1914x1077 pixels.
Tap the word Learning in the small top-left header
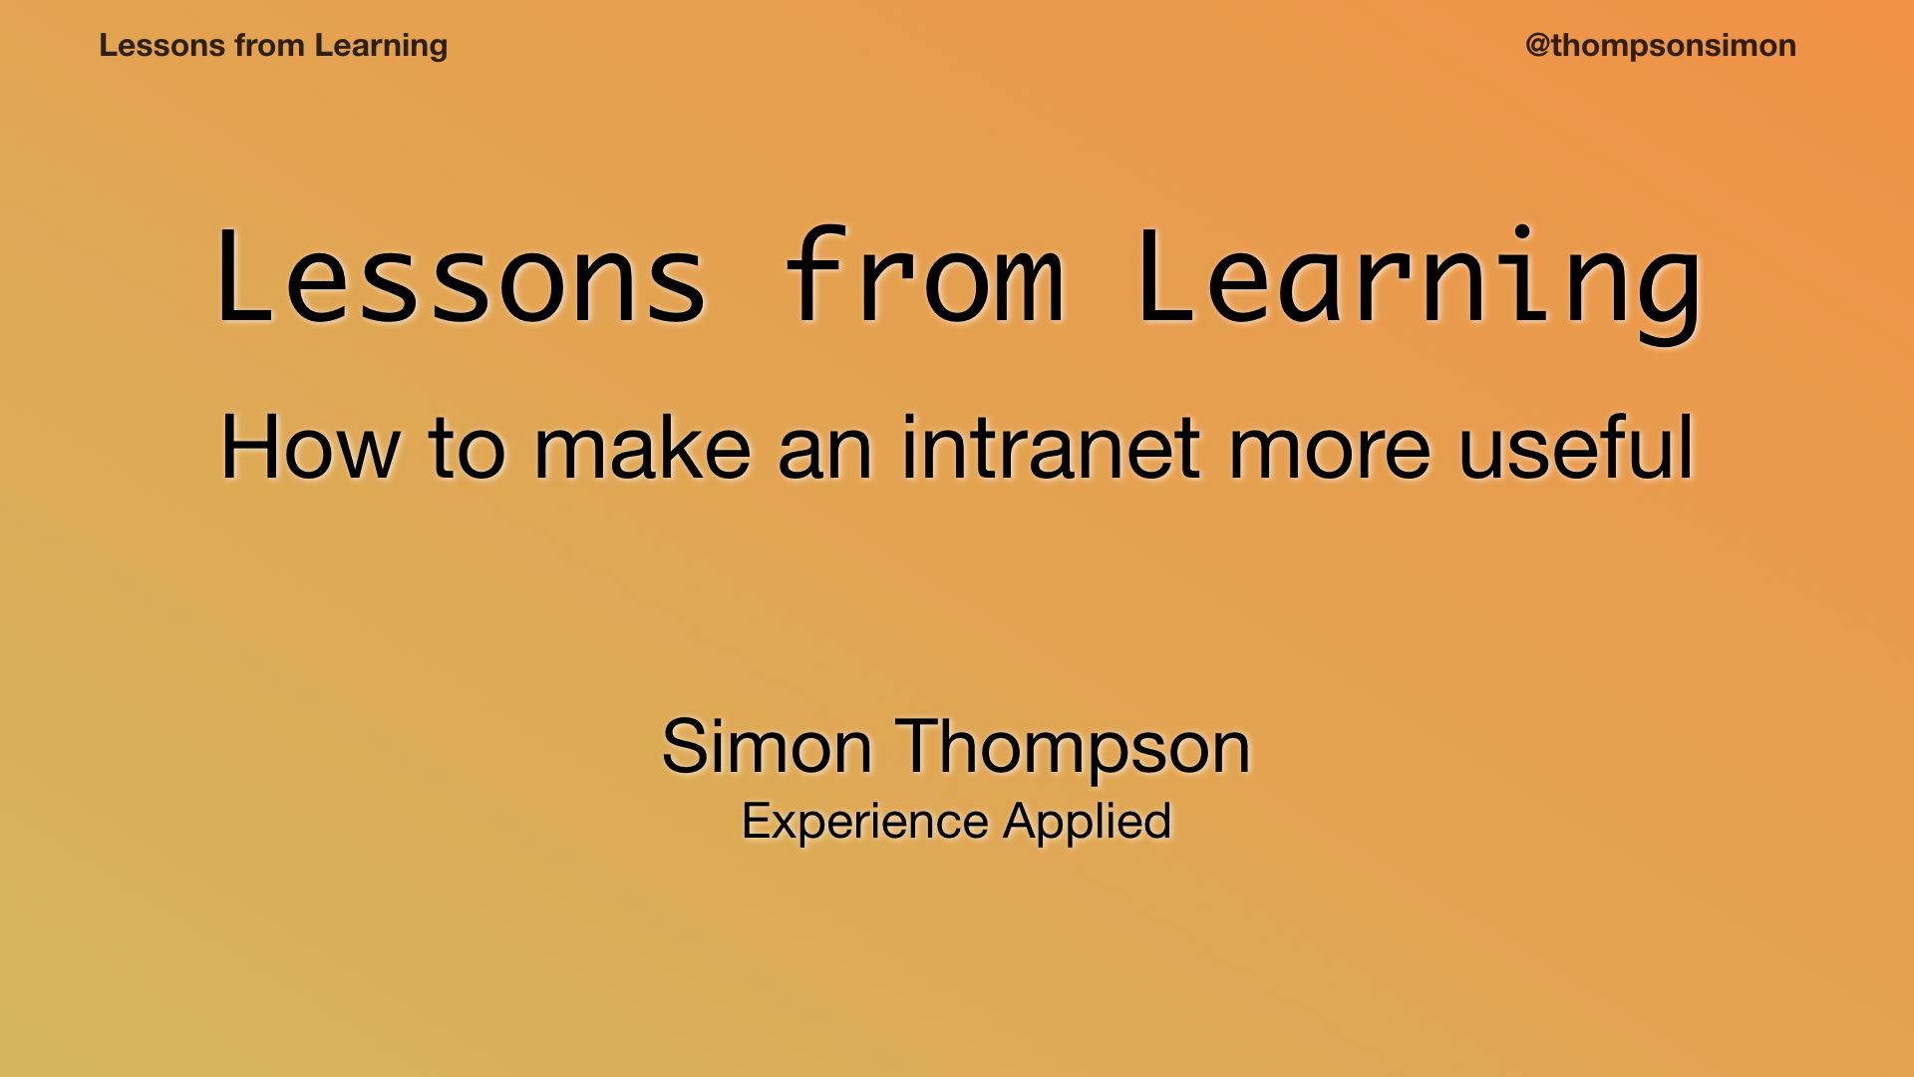381,46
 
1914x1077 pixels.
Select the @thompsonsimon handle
1660,46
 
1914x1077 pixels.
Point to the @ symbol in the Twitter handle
1537,46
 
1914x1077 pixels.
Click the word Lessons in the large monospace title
461,279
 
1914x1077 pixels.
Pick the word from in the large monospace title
924,279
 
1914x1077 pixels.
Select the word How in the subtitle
310,449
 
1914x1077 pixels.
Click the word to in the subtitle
467,449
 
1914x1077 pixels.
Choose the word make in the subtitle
642,449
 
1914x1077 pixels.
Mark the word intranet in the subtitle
1051,449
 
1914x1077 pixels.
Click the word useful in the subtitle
1575,449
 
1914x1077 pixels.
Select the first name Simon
767,747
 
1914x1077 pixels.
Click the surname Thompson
1073,747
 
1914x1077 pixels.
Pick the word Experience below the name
865,822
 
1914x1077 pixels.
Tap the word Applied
1087,822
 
